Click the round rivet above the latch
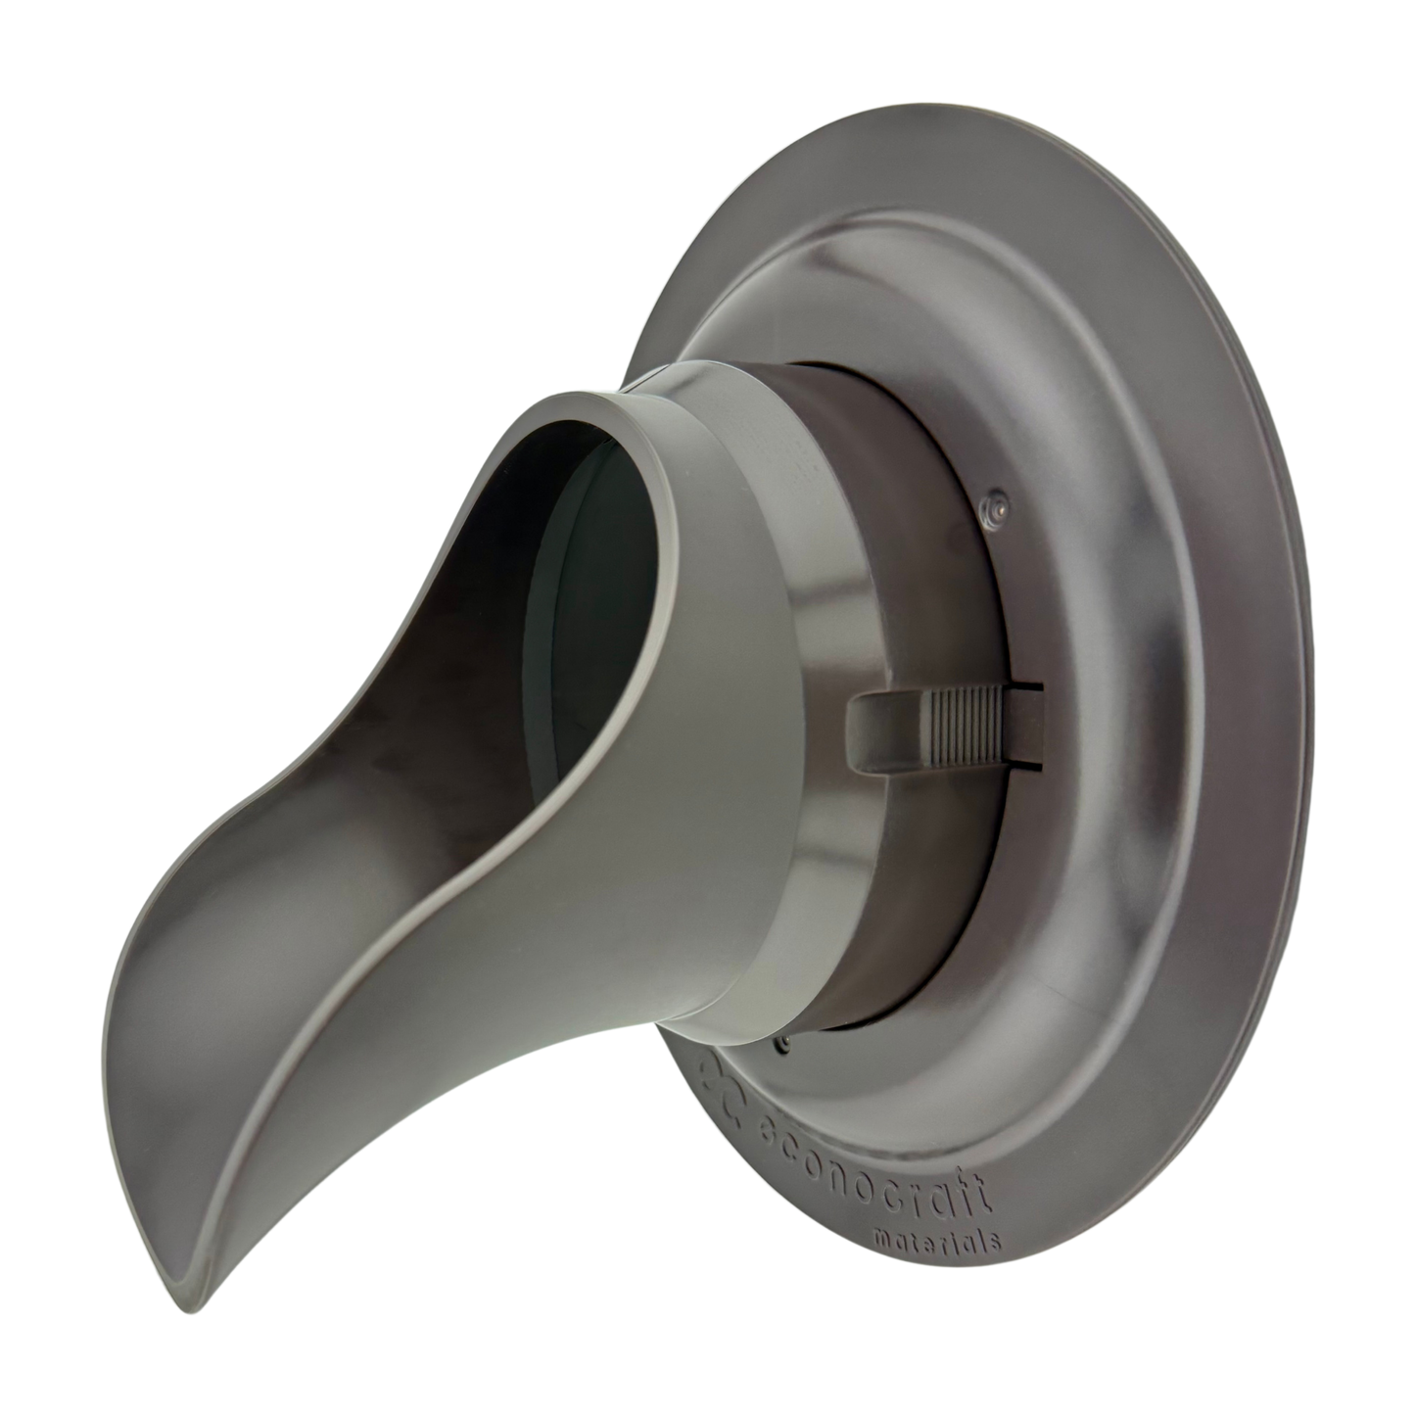pos(997,505)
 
